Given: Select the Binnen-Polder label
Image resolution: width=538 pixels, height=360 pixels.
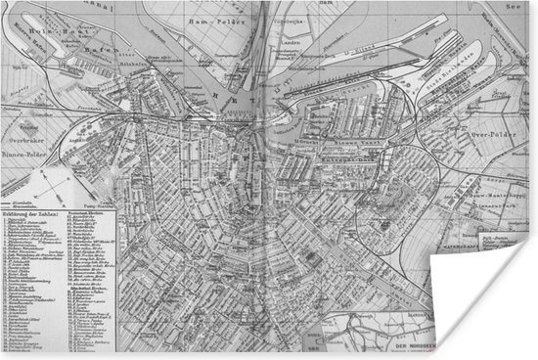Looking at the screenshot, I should coord(25,154).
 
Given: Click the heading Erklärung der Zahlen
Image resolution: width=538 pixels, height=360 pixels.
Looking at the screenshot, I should coord(30,214).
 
